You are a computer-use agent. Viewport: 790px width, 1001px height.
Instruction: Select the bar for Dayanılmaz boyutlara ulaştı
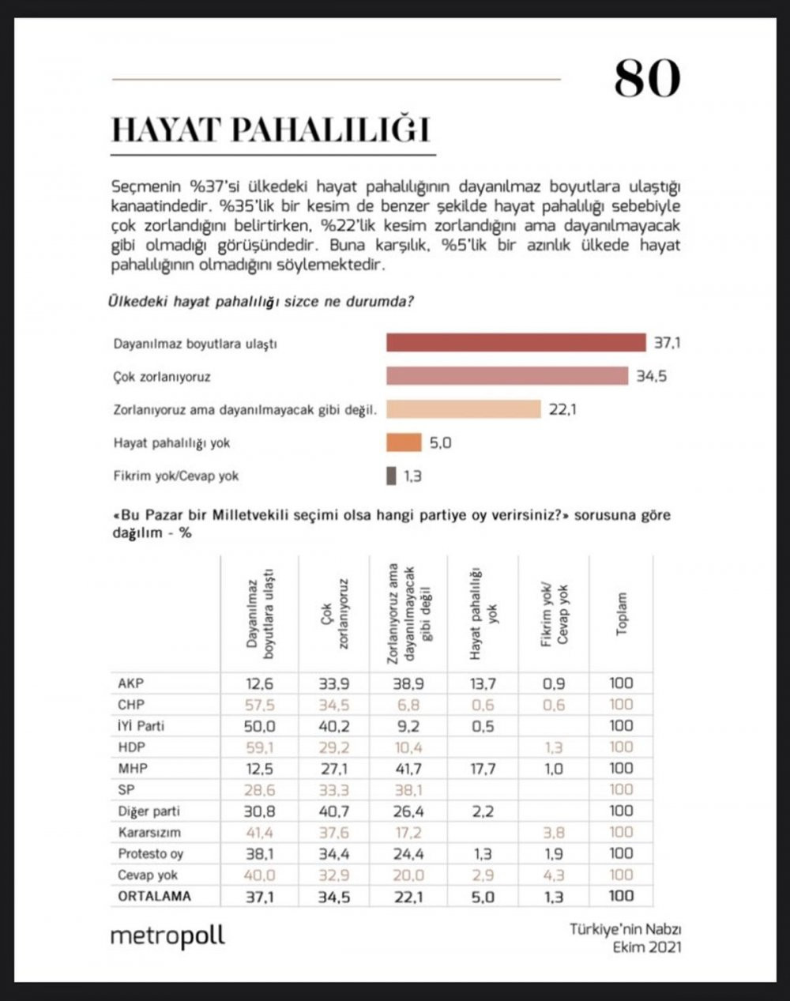(x=515, y=343)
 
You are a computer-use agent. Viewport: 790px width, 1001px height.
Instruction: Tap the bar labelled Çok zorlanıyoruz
(x=506, y=376)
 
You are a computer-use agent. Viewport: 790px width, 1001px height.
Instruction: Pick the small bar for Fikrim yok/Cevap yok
(x=391, y=476)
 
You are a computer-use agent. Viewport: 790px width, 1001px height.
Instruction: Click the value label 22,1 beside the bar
(x=562, y=409)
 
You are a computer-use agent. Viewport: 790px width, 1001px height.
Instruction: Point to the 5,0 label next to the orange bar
(x=440, y=442)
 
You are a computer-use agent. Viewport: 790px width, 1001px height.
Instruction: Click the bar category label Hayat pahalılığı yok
(x=171, y=442)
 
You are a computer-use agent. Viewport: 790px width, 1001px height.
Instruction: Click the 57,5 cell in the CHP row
(x=259, y=704)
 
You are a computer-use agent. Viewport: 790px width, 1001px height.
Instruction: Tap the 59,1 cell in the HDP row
(x=259, y=747)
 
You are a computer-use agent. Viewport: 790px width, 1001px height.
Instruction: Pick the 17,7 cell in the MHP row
(x=482, y=768)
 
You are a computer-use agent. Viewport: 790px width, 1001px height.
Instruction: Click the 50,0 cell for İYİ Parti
(x=259, y=725)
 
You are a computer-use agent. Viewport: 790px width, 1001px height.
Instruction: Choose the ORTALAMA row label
(x=154, y=895)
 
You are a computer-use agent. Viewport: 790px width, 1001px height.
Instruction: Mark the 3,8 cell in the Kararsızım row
(x=555, y=832)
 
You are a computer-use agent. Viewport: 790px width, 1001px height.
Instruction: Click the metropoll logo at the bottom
(x=167, y=935)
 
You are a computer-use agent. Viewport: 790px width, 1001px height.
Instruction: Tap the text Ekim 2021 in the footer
(x=647, y=946)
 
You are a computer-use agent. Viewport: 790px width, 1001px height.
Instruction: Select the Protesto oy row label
(x=151, y=853)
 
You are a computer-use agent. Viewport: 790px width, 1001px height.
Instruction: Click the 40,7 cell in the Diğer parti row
(x=334, y=811)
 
